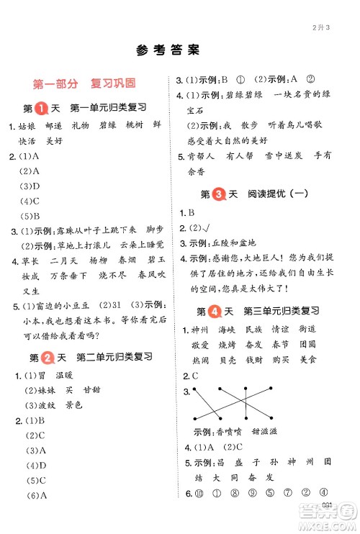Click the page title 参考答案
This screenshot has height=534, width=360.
coord(166,50)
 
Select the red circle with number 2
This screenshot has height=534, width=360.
coord(43,357)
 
